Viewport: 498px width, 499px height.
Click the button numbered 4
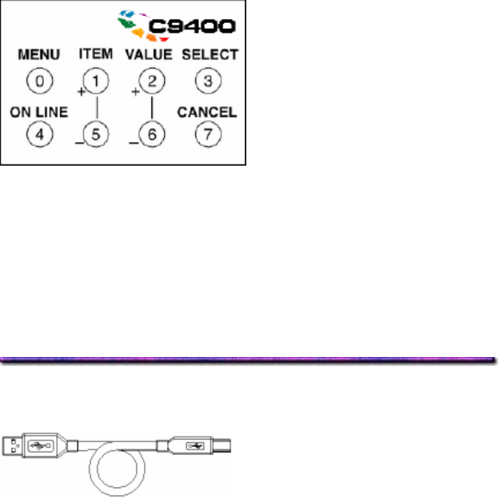point(39,134)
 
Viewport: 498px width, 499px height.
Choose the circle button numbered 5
point(96,134)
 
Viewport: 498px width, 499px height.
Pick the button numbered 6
point(152,134)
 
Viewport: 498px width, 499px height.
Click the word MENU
point(40,54)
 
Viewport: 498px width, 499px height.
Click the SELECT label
point(210,54)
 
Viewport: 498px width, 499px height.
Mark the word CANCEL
point(207,112)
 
